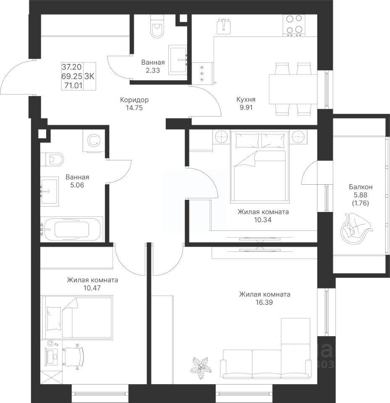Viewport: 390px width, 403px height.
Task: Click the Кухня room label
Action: coord(246,99)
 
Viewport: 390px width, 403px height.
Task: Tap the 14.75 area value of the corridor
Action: coord(134,108)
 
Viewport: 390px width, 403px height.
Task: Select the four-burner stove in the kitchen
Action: coord(294,25)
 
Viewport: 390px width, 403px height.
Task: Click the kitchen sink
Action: coord(224,26)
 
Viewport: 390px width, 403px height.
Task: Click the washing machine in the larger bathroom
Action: coord(94,141)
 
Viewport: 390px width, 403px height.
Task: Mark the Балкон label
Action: coord(361,187)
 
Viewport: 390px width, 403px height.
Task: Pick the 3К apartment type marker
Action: coord(89,76)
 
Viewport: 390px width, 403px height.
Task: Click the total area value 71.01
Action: coord(73,85)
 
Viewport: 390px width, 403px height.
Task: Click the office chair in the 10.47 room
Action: coord(73,356)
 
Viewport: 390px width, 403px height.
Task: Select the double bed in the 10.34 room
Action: coord(260,166)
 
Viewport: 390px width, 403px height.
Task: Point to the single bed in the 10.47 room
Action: coord(77,317)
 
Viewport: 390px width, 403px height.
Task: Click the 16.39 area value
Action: coord(264,303)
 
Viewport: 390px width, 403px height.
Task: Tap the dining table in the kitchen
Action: coord(293,89)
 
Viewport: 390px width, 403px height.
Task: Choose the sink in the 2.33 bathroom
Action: coord(178,60)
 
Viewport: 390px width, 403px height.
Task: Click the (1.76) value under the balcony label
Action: coord(361,203)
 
